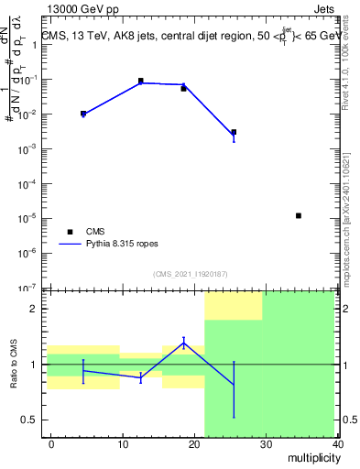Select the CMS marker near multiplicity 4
(x=83, y=114)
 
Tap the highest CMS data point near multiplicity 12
(x=141, y=81)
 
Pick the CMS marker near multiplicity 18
(x=183, y=89)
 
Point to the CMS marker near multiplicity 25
(x=234, y=132)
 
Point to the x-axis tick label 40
(x=338, y=444)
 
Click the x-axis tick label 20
(x=195, y=444)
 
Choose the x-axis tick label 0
(x=51, y=444)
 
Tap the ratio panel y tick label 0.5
(x=28, y=420)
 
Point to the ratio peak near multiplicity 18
(x=184, y=343)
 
